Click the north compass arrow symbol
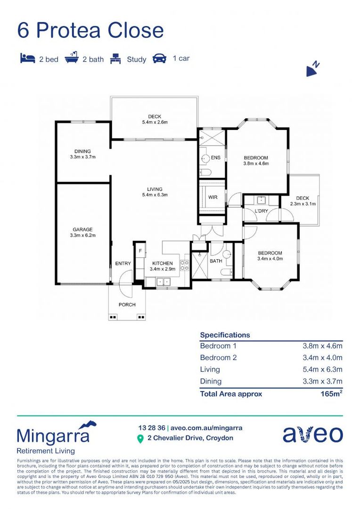(x=312, y=69)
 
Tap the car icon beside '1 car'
(x=159, y=59)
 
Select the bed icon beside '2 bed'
(x=27, y=58)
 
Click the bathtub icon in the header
(x=71, y=59)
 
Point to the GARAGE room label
(x=82, y=230)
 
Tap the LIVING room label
(x=155, y=189)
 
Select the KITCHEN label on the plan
(x=162, y=263)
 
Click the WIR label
(x=213, y=197)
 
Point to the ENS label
(x=216, y=157)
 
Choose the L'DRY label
(x=261, y=211)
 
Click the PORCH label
(x=127, y=304)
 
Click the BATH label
(x=216, y=261)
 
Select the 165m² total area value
(x=331, y=394)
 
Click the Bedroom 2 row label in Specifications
(x=219, y=358)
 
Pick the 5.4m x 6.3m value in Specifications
(x=322, y=369)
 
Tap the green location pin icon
(x=140, y=439)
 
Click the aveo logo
(x=312, y=434)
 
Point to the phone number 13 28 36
(x=152, y=428)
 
